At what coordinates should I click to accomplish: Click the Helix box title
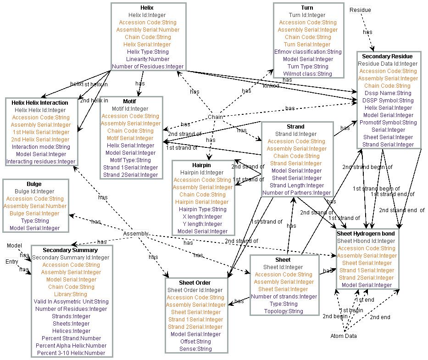(x=148, y=8)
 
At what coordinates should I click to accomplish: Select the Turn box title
(x=307, y=8)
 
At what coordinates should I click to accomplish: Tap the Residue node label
(x=360, y=10)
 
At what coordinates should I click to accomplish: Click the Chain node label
(x=216, y=117)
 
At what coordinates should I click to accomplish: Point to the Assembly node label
(x=136, y=234)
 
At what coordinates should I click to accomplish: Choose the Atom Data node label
(x=344, y=336)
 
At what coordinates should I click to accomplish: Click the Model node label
(x=14, y=246)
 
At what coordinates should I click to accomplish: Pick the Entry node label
(x=12, y=262)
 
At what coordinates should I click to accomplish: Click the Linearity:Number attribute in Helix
(x=148, y=59)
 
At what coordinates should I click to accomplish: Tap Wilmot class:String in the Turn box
(x=307, y=74)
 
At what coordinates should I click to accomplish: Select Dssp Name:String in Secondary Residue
(x=388, y=93)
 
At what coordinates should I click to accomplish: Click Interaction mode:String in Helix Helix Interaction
(x=41, y=147)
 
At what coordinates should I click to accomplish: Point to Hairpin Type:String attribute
(x=202, y=209)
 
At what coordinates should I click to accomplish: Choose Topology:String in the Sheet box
(x=283, y=311)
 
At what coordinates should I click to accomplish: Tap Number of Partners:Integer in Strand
(x=296, y=193)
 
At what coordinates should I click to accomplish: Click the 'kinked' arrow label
(x=271, y=86)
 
